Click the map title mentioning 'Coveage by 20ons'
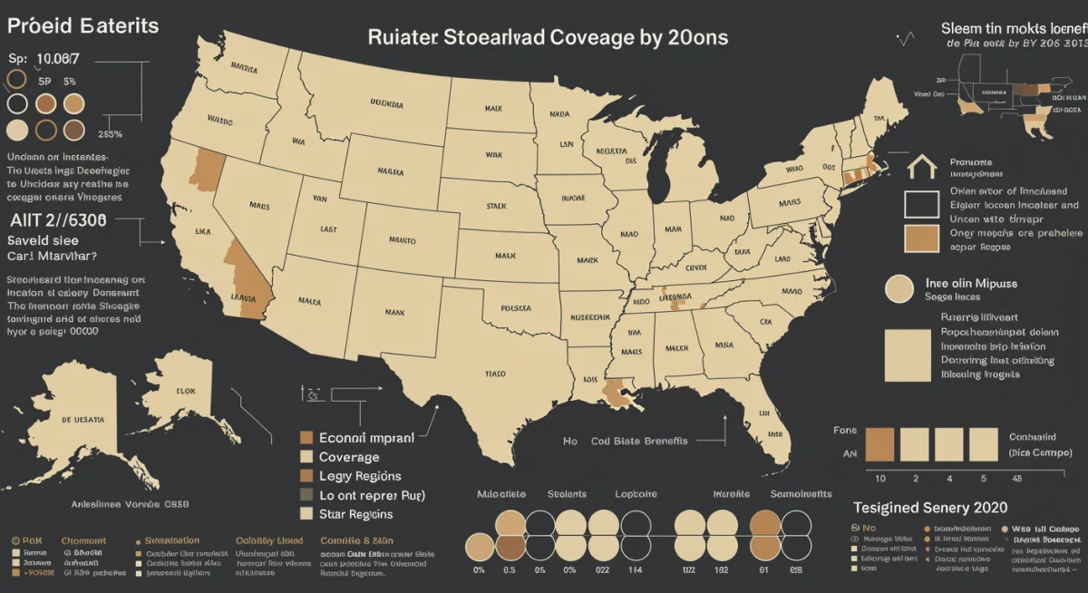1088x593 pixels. click(x=547, y=38)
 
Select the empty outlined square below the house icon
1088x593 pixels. click(x=921, y=204)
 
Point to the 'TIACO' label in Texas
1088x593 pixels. click(x=496, y=374)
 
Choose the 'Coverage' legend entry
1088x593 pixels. click(x=349, y=457)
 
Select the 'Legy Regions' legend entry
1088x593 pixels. click(x=360, y=476)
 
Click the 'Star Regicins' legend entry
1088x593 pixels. click(x=355, y=514)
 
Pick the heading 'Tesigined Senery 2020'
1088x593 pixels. click(x=930, y=508)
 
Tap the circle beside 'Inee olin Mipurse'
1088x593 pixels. click(x=899, y=289)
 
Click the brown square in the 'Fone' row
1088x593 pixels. click(x=879, y=445)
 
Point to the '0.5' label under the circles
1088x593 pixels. click(x=510, y=569)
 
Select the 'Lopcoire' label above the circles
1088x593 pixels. click(x=636, y=494)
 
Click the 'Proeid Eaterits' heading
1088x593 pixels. click(x=83, y=26)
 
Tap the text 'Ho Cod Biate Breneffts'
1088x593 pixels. click(x=625, y=441)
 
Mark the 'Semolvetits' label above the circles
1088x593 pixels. click(x=801, y=494)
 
